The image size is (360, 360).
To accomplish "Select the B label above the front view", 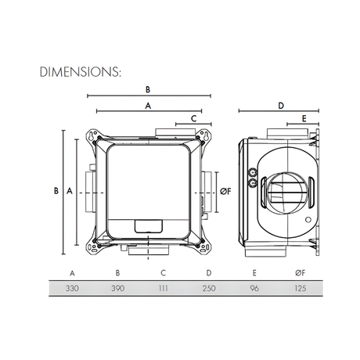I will click(x=146, y=88).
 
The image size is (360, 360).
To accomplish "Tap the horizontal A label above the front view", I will click(x=146, y=103).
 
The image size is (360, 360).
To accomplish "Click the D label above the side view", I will click(x=279, y=103).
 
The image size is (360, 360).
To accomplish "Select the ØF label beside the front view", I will click(x=225, y=190).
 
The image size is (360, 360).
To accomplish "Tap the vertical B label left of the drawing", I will click(x=56, y=190).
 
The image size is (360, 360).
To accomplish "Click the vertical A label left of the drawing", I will click(x=70, y=190).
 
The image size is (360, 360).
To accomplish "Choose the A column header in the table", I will click(x=72, y=273).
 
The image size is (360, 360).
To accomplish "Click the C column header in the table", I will click(x=162, y=273).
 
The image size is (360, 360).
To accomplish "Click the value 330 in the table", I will click(x=72, y=289).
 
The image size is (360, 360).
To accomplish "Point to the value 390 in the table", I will click(x=117, y=289).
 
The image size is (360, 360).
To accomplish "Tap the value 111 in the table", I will click(x=162, y=289).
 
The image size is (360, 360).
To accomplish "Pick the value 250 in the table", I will click(x=207, y=289).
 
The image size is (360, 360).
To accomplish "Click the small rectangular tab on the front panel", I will click(x=146, y=226).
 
